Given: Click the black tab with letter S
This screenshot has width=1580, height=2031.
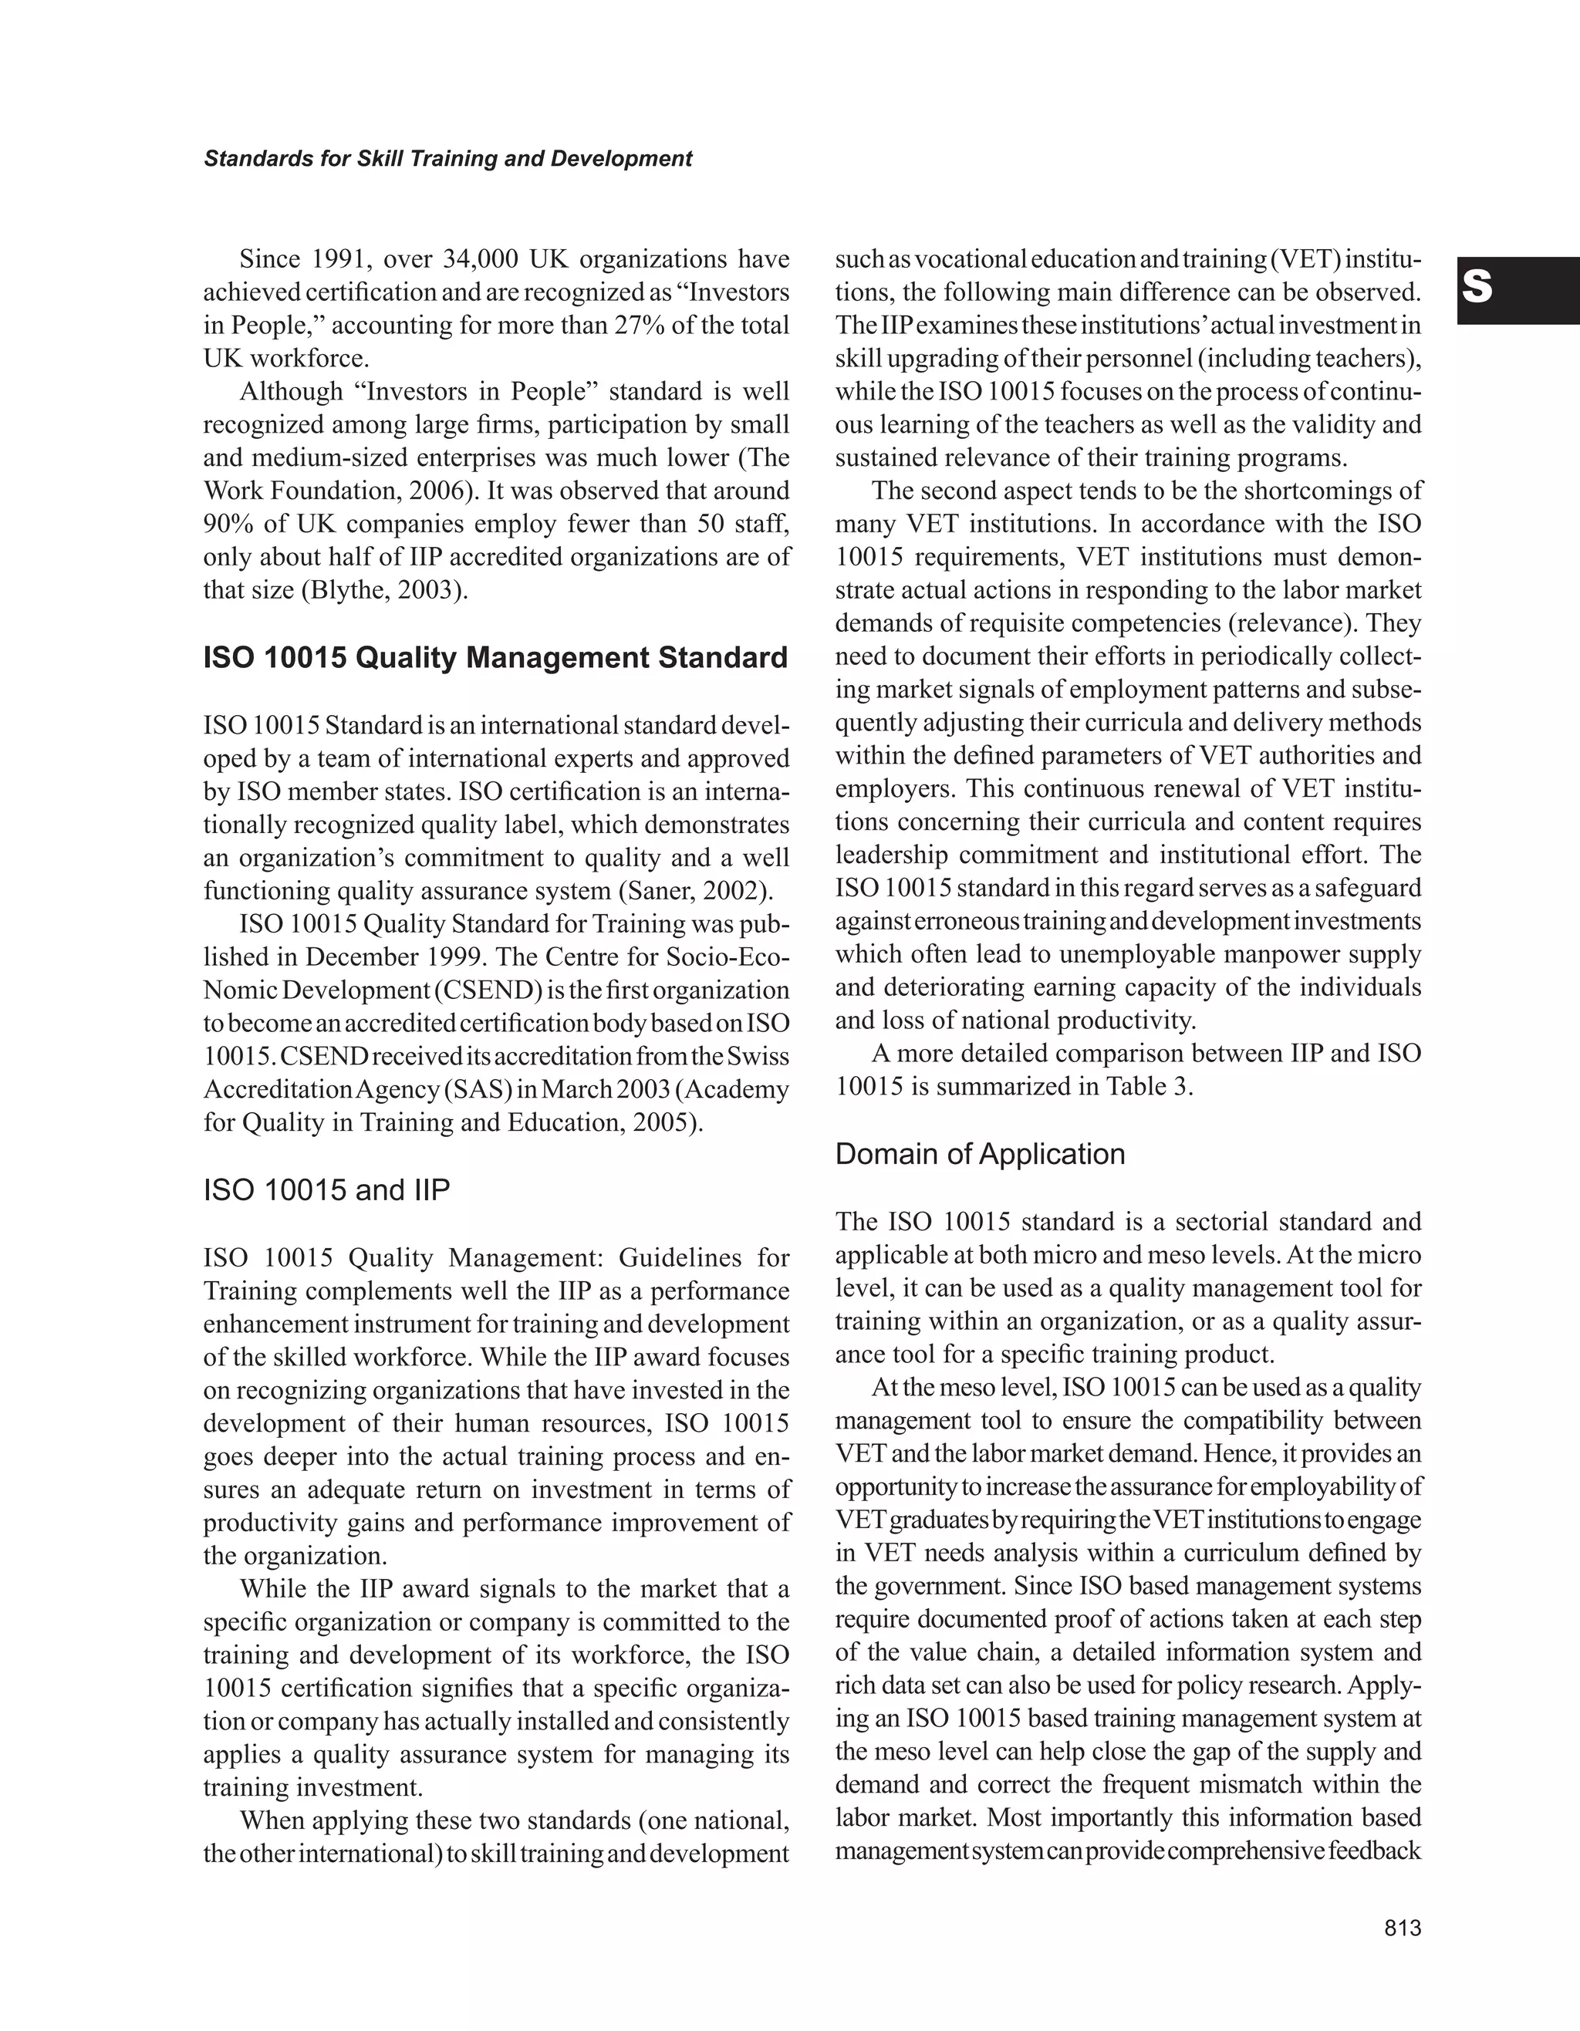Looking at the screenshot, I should click(x=1518, y=290).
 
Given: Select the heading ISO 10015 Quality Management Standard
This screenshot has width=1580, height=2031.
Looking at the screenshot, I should click(x=495, y=659).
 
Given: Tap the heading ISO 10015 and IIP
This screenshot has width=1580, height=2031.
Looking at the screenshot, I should click(x=326, y=1190).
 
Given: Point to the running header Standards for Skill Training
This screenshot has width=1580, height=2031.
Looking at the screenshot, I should click(x=447, y=159).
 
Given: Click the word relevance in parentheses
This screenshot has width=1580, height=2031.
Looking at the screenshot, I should click(x=1291, y=623).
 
